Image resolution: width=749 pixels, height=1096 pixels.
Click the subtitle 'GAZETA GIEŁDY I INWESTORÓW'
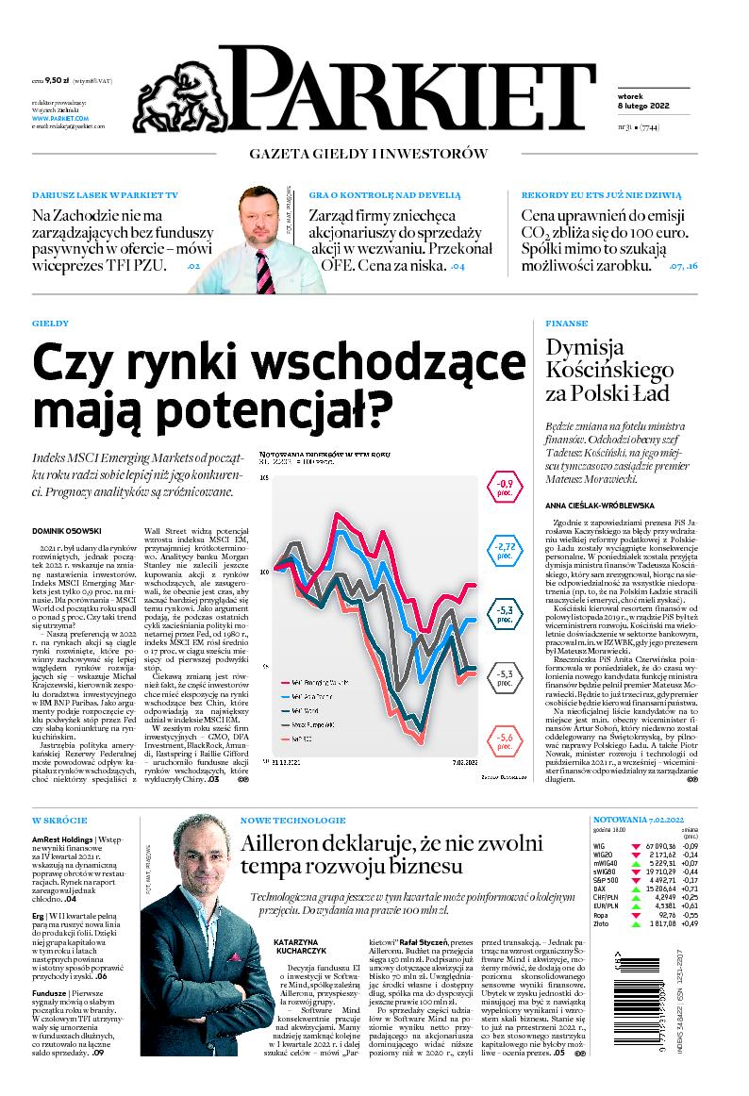[x=368, y=153]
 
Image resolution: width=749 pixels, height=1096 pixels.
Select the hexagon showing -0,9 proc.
[x=505, y=487]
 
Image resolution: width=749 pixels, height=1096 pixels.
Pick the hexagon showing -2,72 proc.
[x=505, y=550]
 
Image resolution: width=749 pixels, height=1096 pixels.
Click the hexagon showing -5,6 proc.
[x=505, y=739]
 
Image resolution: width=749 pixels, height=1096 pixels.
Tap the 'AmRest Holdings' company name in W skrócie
[x=62, y=838]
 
